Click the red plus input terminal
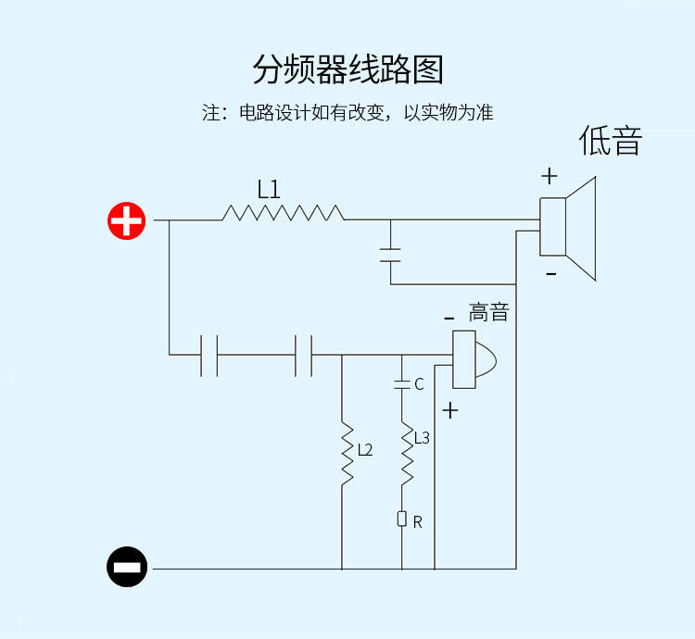(x=127, y=221)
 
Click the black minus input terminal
(x=127, y=567)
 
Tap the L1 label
(x=269, y=190)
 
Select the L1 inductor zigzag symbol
(x=283, y=214)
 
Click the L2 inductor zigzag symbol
(x=347, y=455)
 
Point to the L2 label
(x=364, y=450)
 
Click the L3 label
(x=422, y=437)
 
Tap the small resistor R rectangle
(x=402, y=519)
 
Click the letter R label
(x=418, y=522)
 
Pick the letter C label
(x=419, y=384)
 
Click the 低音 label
(x=611, y=141)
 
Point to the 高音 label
(x=488, y=312)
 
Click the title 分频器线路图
(x=347, y=70)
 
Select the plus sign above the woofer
(x=550, y=175)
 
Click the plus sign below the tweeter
(x=450, y=410)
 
